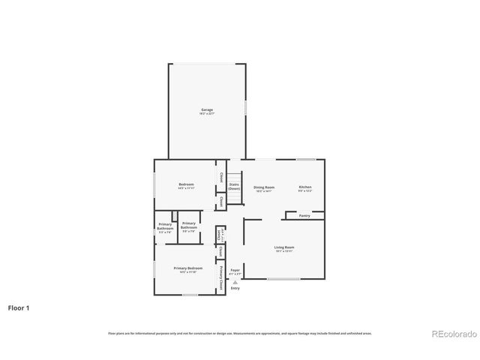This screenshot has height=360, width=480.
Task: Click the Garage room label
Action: point(206,110)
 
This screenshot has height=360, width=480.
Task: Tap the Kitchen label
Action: point(305,187)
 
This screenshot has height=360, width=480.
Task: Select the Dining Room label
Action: point(264,187)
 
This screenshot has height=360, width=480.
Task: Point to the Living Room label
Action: point(283,247)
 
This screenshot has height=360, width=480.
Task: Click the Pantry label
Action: point(304,216)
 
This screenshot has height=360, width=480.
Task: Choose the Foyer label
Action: point(235,269)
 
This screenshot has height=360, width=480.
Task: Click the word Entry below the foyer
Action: point(235,288)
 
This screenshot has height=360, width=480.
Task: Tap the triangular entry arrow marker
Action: point(235,281)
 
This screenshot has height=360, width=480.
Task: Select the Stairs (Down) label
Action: point(234,186)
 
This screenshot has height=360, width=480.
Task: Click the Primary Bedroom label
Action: point(187,268)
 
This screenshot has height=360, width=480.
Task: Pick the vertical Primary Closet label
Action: point(221,277)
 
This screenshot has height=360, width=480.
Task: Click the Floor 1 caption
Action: point(19,307)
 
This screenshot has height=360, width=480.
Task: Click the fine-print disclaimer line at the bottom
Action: point(240,333)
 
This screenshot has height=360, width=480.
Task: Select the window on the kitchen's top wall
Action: point(305,159)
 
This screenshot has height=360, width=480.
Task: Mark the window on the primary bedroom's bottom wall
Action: point(189,295)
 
